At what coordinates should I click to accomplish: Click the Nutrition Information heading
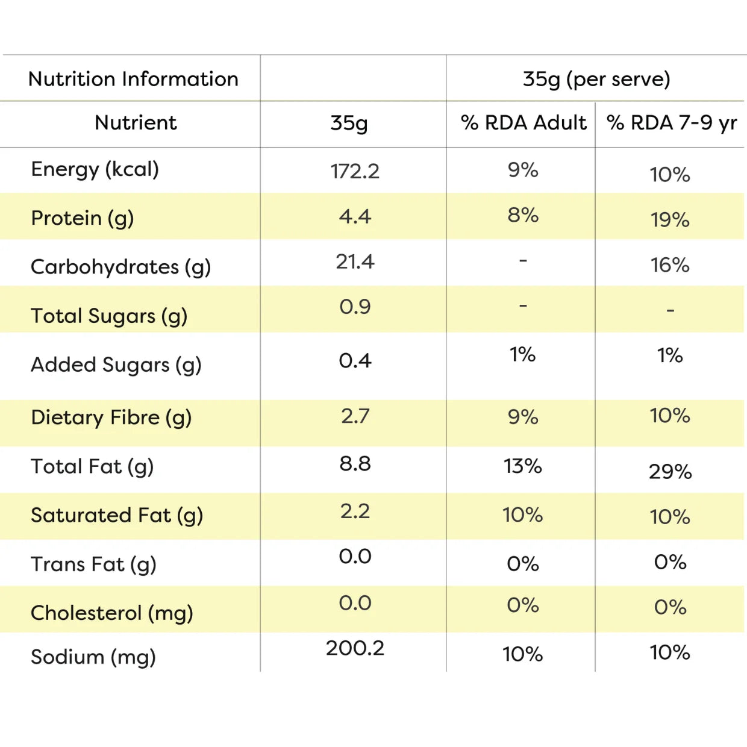[133, 79]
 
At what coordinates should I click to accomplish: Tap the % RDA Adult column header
[524, 123]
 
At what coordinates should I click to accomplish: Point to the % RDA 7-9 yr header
[672, 123]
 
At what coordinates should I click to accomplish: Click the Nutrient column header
[136, 123]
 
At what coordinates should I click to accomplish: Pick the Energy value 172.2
[355, 171]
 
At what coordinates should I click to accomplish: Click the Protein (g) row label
[83, 218]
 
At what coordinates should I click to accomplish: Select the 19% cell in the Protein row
[670, 220]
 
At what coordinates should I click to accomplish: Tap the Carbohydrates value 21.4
[355, 261]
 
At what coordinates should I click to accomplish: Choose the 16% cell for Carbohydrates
[670, 265]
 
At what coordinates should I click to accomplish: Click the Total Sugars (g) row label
[109, 316]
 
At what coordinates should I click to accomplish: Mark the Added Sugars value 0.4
[355, 360]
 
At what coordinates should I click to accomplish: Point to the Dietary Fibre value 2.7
[355, 416]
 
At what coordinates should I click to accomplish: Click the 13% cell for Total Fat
[522, 466]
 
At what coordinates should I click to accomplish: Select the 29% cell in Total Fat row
[670, 472]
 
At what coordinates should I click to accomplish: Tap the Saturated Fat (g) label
[117, 516]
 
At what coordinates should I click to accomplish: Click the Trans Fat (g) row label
[93, 564]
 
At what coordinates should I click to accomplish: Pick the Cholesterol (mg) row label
[111, 613]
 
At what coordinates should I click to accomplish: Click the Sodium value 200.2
[355, 648]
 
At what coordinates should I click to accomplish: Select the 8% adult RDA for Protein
[523, 215]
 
